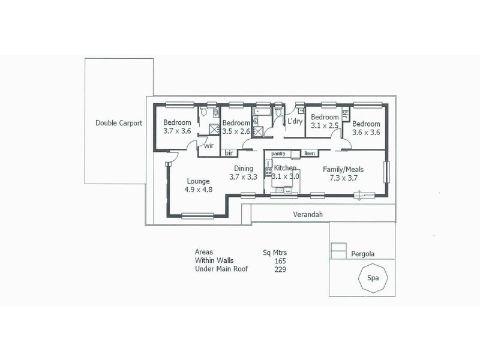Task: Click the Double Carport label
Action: pyautogui.click(x=119, y=123)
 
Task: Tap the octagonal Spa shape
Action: pyautogui.click(x=373, y=265)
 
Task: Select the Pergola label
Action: pyautogui.click(x=363, y=254)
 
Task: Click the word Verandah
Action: pyautogui.click(x=308, y=214)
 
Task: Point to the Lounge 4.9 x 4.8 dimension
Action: pyautogui.click(x=199, y=190)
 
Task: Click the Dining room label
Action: pyautogui.click(x=244, y=169)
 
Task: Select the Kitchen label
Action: pyautogui.click(x=285, y=168)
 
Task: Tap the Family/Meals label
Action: pyautogui.click(x=343, y=169)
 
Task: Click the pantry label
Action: pyautogui.click(x=278, y=154)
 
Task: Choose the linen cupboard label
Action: pyautogui.click(x=310, y=153)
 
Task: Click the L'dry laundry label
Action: pyautogui.click(x=295, y=121)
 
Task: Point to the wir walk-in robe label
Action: pyautogui.click(x=209, y=145)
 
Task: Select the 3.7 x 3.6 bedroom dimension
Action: pyautogui.click(x=177, y=131)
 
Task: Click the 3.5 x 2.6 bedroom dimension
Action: pyautogui.click(x=236, y=131)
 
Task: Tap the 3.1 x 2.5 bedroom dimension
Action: pyautogui.click(x=325, y=125)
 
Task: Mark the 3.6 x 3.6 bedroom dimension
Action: pyautogui.click(x=366, y=132)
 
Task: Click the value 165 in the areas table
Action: pyautogui.click(x=280, y=261)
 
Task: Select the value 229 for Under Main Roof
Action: pyautogui.click(x=280, y=269)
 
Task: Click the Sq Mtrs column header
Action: pyautogui.click(x=275, y=253)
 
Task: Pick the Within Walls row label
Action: pyautogui.click(x=214, y=260)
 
